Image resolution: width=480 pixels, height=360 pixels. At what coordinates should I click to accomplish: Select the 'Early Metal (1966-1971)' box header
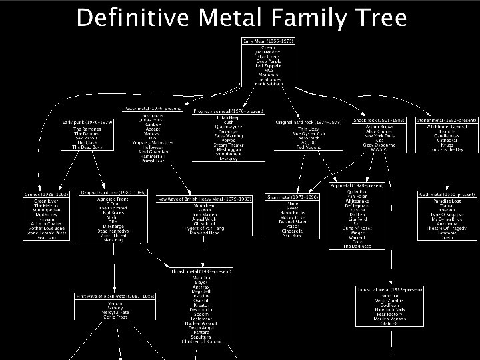tap(268, 41)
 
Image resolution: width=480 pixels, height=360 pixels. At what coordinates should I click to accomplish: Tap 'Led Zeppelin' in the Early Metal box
tap(268, 65)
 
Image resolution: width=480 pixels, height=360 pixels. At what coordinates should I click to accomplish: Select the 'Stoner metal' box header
tap(446, 121)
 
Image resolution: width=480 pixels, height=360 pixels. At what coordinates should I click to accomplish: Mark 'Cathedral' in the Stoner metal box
tap(446, 141)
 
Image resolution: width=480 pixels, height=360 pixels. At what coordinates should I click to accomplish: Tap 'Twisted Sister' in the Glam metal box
tap(292, 220)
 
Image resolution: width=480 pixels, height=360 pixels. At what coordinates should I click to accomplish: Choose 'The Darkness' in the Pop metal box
tap(357, 246)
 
